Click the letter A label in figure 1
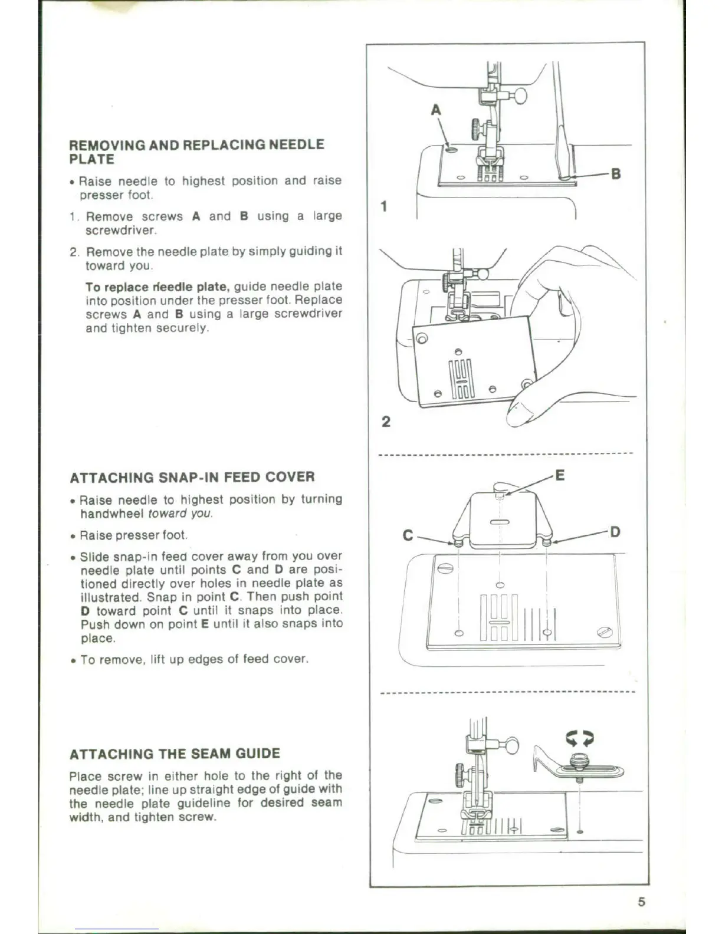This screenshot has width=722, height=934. pyautogui.click(x=436, y=110)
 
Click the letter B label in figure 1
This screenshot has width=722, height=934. pyautogui.click(x=616, y=174)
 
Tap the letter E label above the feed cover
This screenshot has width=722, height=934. pyautogui.click(x=560, y=475)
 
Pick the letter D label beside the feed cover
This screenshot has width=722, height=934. pyautogui.click(x=615, y=532)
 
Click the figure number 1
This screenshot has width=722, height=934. pyautogui.click(x=385, y=206)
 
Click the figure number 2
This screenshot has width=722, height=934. pyautogui.click(x=386, y=422)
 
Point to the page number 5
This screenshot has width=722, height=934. pyautogui.click(x=641, y=902)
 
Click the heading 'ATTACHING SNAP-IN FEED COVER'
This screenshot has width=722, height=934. pyautogui.click(x=192, y=477)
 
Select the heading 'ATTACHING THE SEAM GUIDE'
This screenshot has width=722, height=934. pyautogui.click(x=175, y=754)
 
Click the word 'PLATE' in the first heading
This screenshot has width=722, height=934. pyautogui.click(x=92, y=159)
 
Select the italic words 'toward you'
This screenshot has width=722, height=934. pyautogui.click(x=180, y=514)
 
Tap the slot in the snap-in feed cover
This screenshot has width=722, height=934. pyautogui.click(x=499, y=522)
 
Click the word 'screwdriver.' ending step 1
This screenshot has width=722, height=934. pyautogui.click(x=121, y=230)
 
